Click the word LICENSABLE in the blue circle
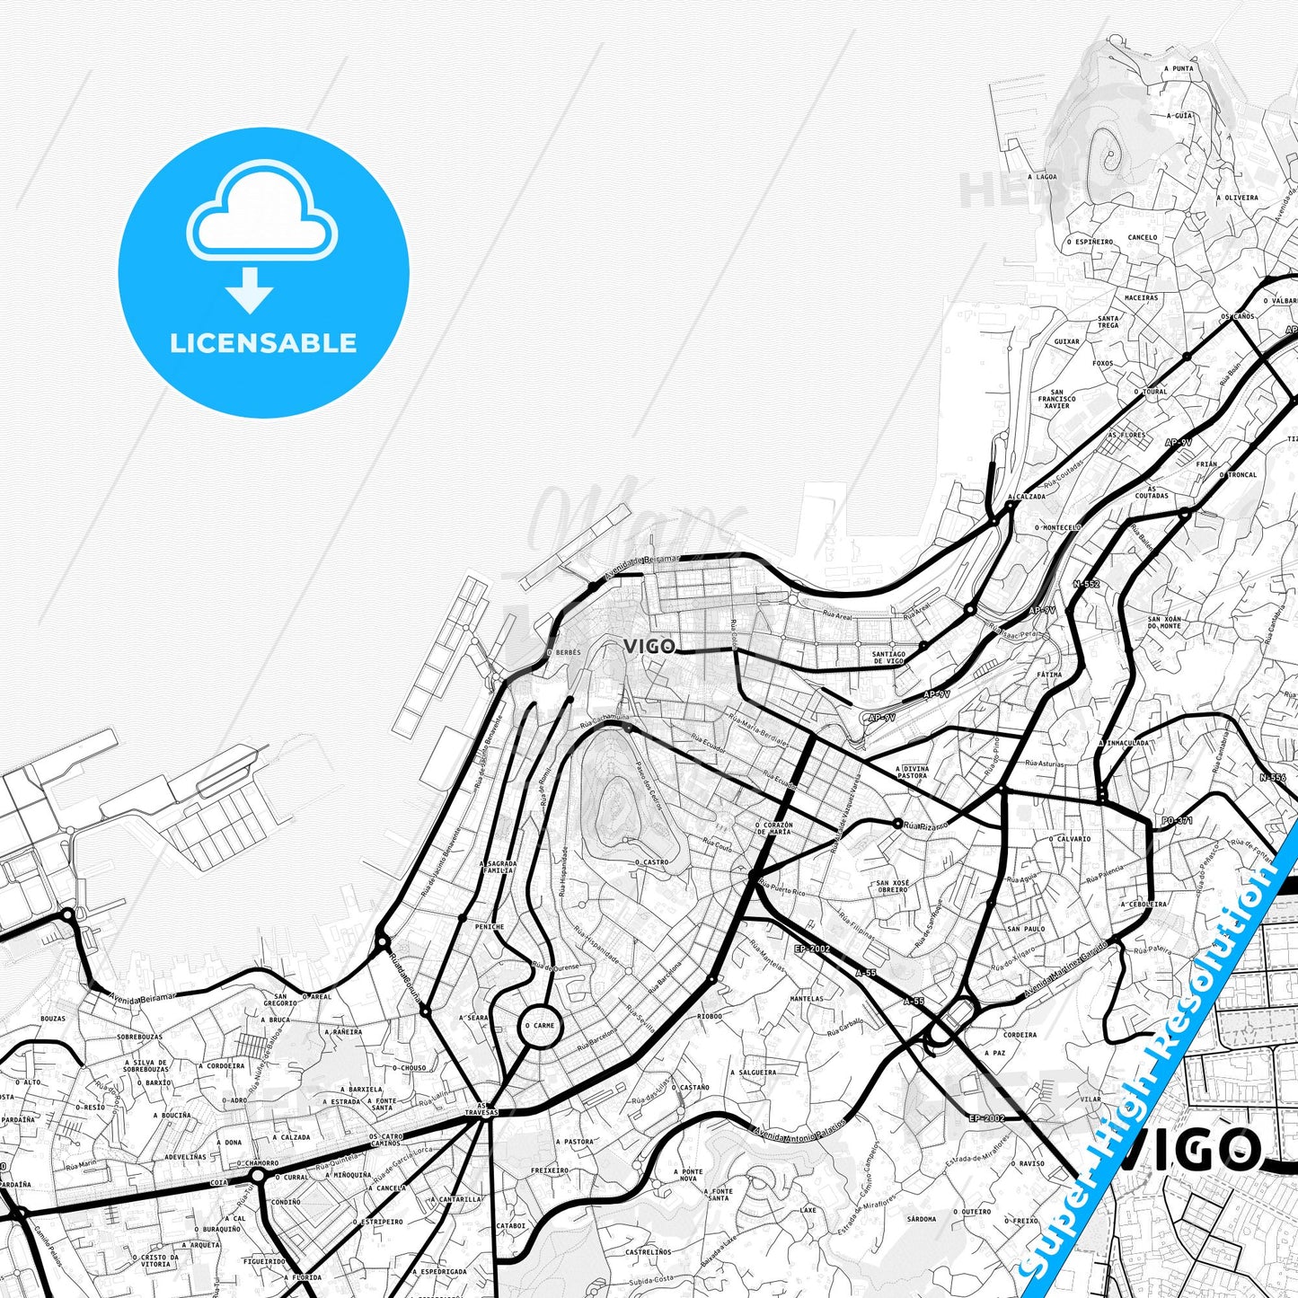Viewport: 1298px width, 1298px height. [263, 343]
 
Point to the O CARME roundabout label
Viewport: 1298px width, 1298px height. [540, 1025]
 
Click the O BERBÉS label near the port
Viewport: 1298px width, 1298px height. [563, 652]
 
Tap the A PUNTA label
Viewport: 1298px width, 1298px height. [1178, 68]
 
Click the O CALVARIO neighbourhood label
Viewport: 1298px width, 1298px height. [1070, 839]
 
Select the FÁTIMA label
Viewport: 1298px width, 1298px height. [1049, 674]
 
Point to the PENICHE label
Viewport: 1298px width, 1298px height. [490, 926]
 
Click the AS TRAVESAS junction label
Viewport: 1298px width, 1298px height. [486, 1108]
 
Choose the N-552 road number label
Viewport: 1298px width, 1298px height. [1086, 584]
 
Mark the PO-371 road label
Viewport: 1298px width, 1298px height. [1177, 820]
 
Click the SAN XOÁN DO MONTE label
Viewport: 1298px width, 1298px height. [1165, 622]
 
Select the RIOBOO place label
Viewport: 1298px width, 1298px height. [709, 992]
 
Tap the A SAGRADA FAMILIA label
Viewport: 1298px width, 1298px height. [498, 866]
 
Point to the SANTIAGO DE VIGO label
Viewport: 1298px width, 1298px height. [888, 658]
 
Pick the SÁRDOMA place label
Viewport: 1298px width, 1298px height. [922, 1219]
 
